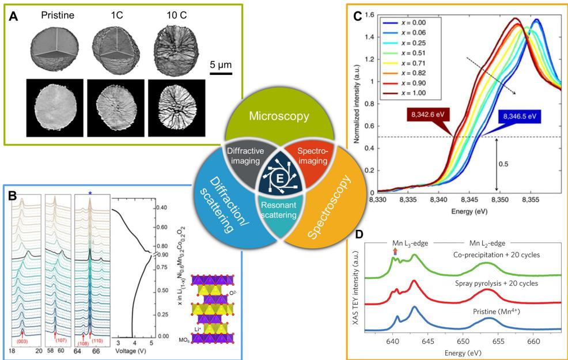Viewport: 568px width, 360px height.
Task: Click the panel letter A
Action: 17,17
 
